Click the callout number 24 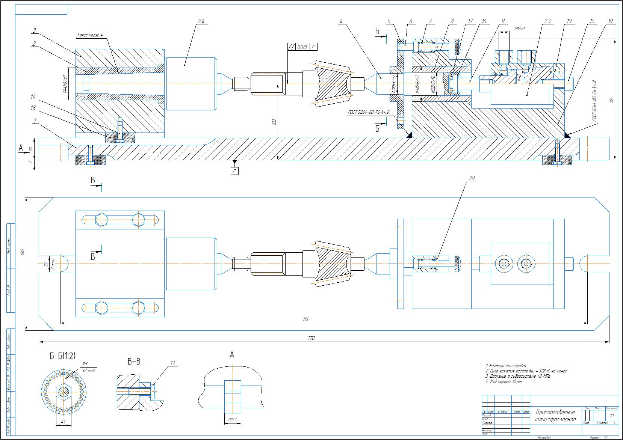201,21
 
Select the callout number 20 472,178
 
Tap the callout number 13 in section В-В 172,363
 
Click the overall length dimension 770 311,338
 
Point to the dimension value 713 305,319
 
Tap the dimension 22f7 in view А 232,419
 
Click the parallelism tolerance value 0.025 302,47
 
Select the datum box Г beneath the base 234,171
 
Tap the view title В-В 134,362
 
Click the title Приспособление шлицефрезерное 555,416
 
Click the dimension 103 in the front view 274,122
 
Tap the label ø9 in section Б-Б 85,363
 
